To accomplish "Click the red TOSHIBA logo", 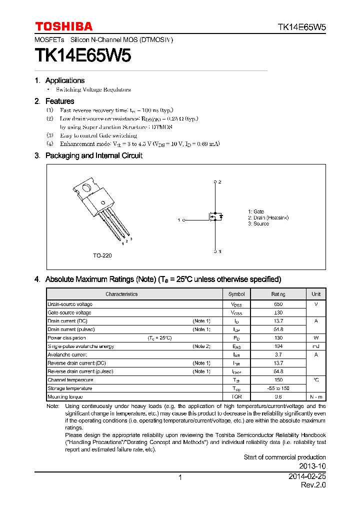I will click(x=63, y=26).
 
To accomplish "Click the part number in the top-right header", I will click(x=301, y=27).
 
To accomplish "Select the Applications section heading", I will click(x=64, y=80).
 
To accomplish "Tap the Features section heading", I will click(x=59, y=101).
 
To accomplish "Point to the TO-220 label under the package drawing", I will click(x=102, y=255).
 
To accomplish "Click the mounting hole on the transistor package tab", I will click(x=86, y=189).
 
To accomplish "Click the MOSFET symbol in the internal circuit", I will click(x=215, y=217).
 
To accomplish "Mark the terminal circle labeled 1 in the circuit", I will click(x=184, y=220).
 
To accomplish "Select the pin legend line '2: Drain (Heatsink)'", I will click(x=268, y=218).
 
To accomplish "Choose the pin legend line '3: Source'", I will click(x=258, y=224).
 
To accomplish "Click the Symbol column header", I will click(x=236, y=294).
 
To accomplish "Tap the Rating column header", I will click(x=278, y=294).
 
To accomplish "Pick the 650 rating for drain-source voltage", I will click(x=278, y=304).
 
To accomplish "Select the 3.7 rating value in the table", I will click(x=278, y=354).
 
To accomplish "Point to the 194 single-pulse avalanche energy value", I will click(x=278, y=346).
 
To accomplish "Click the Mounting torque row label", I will click(x=65, y=396).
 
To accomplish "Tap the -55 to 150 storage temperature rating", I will click(x=278, y=388).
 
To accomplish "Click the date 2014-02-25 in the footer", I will click(x=307, y=477).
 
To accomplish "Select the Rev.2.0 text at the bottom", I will click(x=313, y=485).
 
